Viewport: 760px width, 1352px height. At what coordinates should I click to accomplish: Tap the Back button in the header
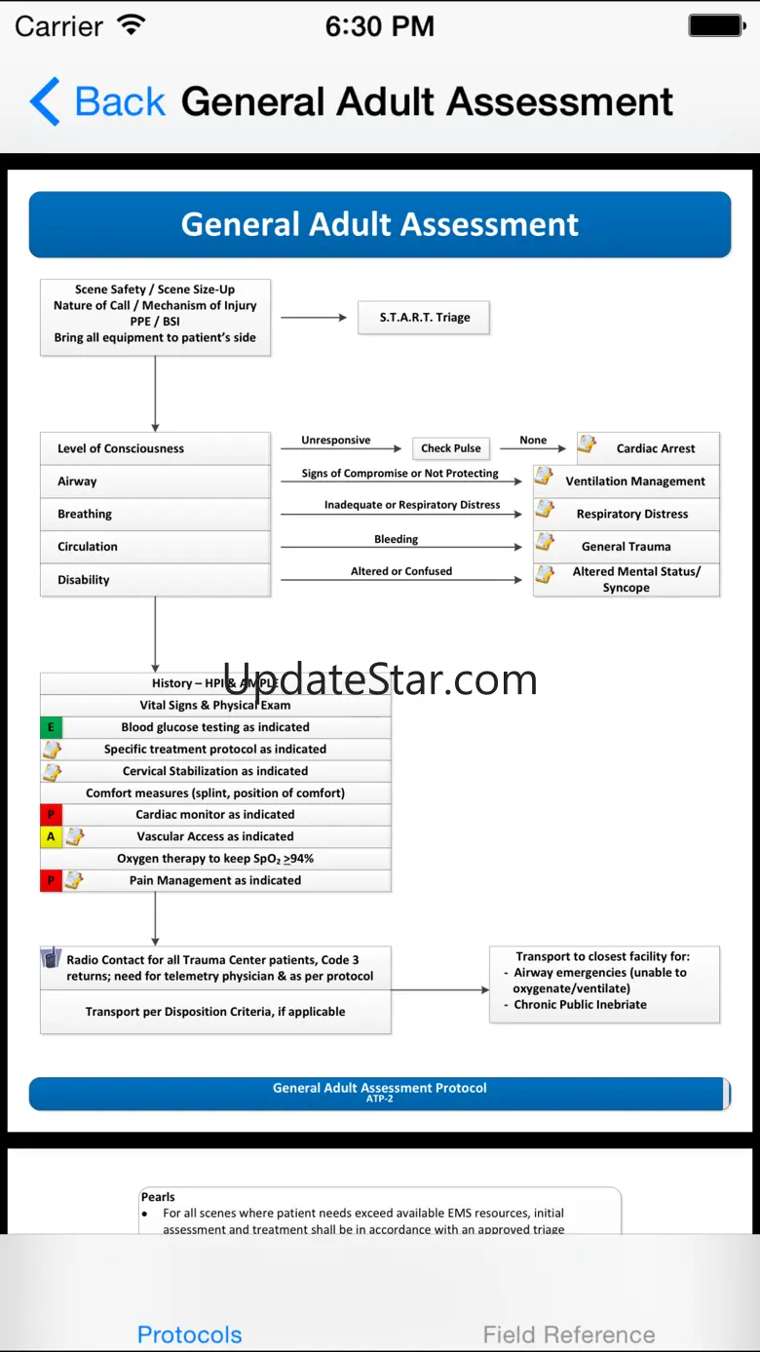pos(97,101)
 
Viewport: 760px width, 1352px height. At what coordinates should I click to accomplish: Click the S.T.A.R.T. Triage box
pos(424,318)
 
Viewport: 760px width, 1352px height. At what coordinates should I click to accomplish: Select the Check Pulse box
pos(450,448)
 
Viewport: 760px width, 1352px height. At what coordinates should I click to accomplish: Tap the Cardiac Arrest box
pos(649,448)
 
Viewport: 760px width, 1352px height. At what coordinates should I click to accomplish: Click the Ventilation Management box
pos(627,482)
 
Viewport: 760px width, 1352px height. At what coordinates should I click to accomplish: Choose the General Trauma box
pos(627,547)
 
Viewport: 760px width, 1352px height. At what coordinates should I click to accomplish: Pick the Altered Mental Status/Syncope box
pos(627,580)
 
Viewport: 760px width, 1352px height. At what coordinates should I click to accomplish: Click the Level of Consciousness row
pos(155,448)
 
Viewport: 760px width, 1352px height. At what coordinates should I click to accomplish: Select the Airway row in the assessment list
pos(155,482)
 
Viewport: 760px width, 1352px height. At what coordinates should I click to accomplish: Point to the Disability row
pos(155,580)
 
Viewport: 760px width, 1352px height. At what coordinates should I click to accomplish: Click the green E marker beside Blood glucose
pos(51,727)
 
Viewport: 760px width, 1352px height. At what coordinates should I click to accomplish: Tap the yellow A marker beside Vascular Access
pos(51,836)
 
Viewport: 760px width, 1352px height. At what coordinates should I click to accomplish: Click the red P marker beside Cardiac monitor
pos(51,815)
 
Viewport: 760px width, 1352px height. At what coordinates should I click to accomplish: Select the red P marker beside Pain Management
pos(51,880)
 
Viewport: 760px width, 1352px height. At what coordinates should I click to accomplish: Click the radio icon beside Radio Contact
pos(52,959)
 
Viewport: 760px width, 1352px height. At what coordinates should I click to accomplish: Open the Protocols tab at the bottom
pos(189,1334)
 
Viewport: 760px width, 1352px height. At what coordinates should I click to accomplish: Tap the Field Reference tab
pos(569,1334)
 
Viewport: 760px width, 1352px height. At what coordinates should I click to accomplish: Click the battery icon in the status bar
pos(716,26)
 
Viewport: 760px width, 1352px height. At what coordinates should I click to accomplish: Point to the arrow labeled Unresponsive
pos(340,448)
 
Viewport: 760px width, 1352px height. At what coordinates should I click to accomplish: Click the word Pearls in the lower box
pos(158,1197)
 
